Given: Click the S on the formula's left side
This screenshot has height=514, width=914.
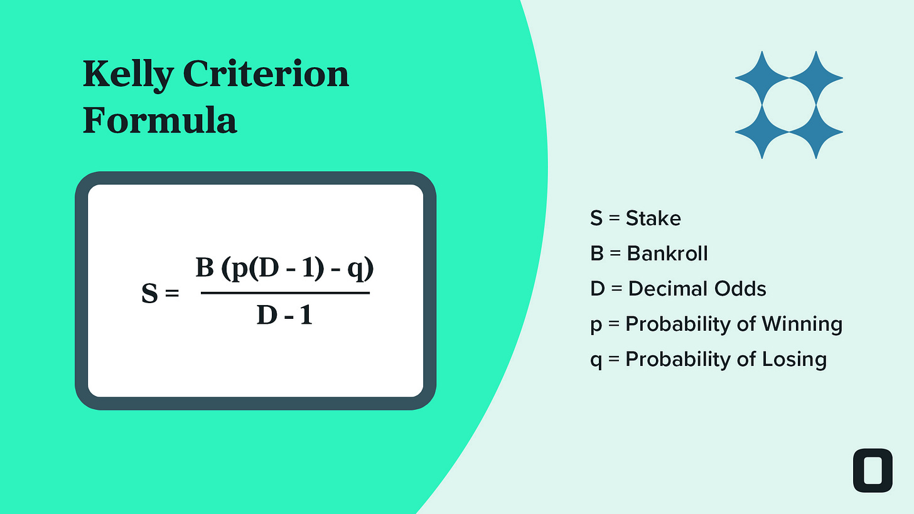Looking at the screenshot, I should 149,294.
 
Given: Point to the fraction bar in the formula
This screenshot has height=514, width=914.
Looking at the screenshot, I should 285,292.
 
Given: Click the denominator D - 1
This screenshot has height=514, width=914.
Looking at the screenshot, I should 284,315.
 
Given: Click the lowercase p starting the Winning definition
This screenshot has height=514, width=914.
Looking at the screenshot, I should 596,326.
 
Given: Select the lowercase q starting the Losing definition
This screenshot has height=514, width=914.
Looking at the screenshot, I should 596,361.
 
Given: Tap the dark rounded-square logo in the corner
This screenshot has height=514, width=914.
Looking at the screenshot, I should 873,470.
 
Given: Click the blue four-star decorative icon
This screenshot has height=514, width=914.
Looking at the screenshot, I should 788,105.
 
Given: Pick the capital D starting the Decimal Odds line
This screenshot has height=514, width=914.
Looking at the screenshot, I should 597,289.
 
